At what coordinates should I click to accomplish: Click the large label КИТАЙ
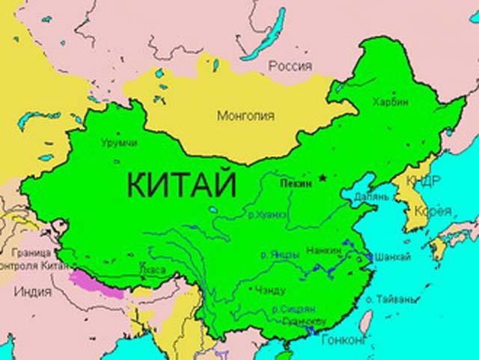point(180,182)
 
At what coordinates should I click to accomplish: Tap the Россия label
point(290,66)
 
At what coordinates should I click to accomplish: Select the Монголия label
point(245,116)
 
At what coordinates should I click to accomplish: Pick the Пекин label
point(292,182)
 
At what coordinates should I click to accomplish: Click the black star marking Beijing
point(323,178)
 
